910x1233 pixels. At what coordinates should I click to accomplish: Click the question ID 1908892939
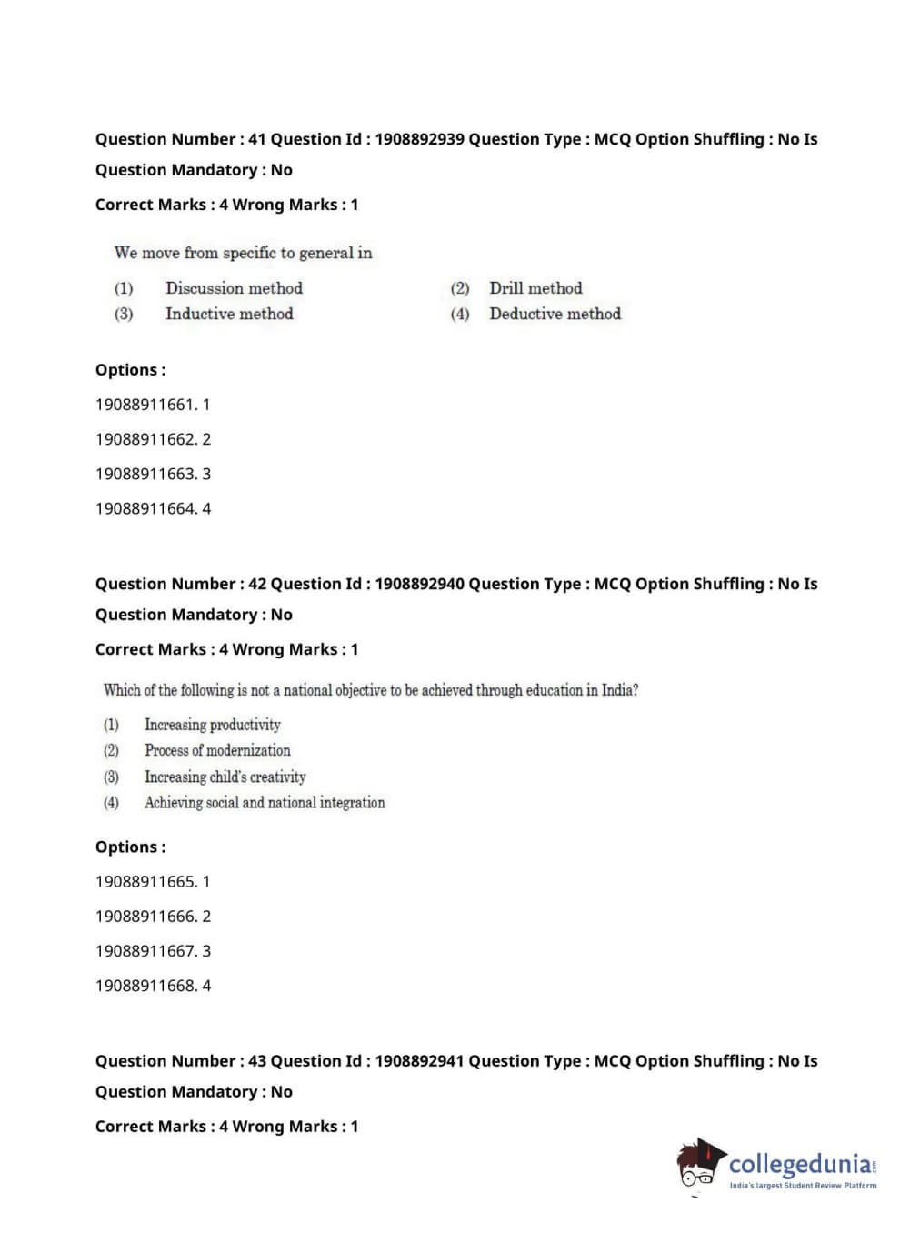pos(419,139)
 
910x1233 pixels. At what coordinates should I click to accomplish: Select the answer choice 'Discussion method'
pos(234,288)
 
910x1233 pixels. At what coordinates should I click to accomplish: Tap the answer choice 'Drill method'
pos(535,288)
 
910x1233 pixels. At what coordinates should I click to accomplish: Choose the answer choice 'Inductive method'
pos(229,314)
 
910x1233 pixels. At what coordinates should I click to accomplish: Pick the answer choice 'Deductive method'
pos(555,314)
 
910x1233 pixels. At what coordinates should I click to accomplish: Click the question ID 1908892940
pos(419,584)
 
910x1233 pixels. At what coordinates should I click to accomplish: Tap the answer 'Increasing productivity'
pos(213,725)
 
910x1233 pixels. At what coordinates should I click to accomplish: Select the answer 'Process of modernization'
pos(217,750)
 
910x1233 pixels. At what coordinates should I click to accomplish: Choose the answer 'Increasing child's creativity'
pos(225,777)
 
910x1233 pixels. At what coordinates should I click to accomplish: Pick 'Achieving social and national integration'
pos(265,802)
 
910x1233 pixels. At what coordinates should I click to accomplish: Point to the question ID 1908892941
pos(419,1060)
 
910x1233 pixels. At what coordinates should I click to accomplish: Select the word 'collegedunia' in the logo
pos(800,1164)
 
